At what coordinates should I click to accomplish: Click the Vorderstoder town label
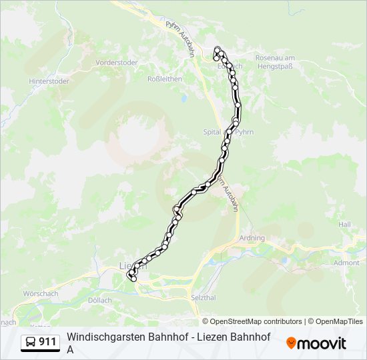pyautogui.click(x=117, y=63)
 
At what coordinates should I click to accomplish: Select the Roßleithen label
pyautogui.click(x=164, y=78)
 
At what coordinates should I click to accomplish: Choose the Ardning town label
pyautogui.click(x=252, y=238)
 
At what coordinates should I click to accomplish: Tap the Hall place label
pyautogui.click(x=344, y=225)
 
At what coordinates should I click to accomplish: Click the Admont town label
pyautogui.click(x=347, y=263)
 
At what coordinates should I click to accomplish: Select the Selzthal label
pyautogui.click(x=204, y=296)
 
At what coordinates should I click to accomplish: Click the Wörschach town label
pyautogui.click(x=41, y=293)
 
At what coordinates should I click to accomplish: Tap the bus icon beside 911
pyautogui.click(x=31, y=342)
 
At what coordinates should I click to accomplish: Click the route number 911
pyautogui.click(x=47, y=342)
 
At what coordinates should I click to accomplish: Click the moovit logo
pyautogui.click(x=316, y=343)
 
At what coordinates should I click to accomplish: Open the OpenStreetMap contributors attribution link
pyautogui.click(x=256, y=321)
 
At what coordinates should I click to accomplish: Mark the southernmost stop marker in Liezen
pyautogui.click(x=133, y=279)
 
